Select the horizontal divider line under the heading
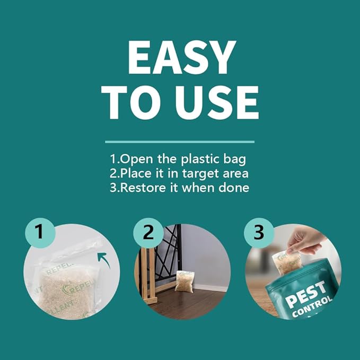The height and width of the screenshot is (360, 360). coord(180,142)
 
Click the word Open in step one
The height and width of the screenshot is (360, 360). coord(137,159)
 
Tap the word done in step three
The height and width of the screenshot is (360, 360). coord(235,188)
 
